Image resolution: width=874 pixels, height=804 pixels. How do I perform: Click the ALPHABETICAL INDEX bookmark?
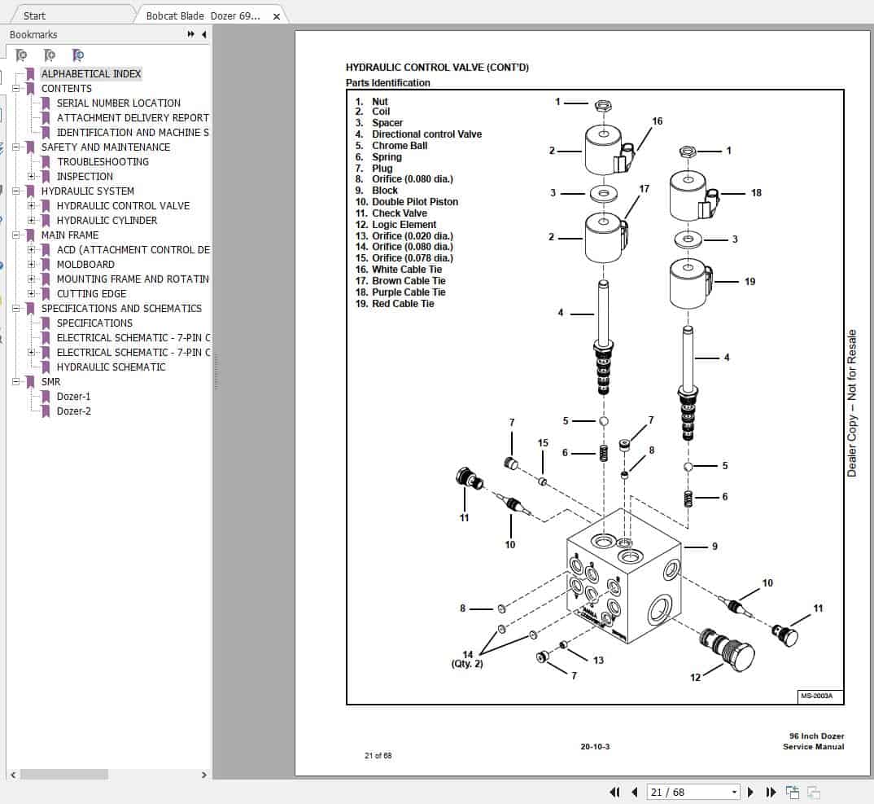91,74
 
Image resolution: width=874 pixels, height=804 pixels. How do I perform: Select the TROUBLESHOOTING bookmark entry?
103,162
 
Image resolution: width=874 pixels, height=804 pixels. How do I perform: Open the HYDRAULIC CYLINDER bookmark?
107,221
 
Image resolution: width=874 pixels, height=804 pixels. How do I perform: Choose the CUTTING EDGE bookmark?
91,294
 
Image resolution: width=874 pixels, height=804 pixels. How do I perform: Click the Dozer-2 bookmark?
73,411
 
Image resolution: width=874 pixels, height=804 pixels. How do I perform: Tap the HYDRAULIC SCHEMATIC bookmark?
111,367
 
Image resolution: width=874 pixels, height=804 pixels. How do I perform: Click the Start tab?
35,15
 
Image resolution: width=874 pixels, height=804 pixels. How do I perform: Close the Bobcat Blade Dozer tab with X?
277,16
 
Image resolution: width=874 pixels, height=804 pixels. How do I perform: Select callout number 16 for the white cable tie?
657,121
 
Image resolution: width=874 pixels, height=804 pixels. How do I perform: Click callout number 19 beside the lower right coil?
749,282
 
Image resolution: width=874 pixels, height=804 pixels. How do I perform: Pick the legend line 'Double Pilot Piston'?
414,202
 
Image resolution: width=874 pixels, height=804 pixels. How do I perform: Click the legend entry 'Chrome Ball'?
399,146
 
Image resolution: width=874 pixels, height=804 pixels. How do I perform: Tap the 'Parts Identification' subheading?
388,83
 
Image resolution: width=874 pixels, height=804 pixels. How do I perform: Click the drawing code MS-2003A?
819,696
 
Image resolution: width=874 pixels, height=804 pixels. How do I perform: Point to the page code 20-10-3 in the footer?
595,747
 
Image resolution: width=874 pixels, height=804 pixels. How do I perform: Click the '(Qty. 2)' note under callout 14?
467,664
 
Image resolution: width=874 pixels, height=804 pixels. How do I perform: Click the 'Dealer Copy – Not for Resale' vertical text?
852,403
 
